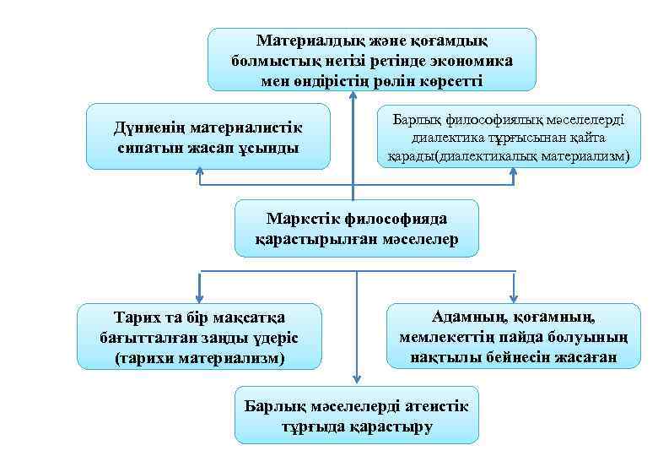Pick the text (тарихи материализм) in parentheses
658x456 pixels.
click(199, 358)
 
